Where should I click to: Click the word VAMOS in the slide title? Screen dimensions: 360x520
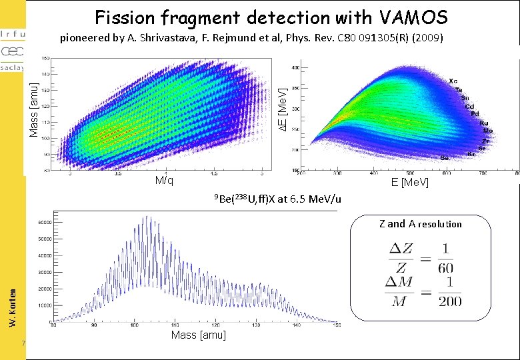click(x=414, y=17)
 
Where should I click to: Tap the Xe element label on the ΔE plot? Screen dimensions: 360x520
click(x=453, y=81)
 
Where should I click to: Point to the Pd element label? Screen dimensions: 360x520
click(x=475, y=114)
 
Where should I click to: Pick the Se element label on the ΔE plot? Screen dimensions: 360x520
click(x=444, y=158)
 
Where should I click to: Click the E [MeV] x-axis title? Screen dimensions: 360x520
click(x=410, y=183)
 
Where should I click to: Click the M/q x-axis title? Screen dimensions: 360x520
click(x=164, y=181)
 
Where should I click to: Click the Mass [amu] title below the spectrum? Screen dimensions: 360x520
click(x=199, y=335)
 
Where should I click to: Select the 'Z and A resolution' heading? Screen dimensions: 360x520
click(x=420, y=224)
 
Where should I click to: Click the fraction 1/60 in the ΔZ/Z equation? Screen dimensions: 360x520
click(x=445, y=258)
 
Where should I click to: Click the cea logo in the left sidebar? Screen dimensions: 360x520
click(x=12, y=51)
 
